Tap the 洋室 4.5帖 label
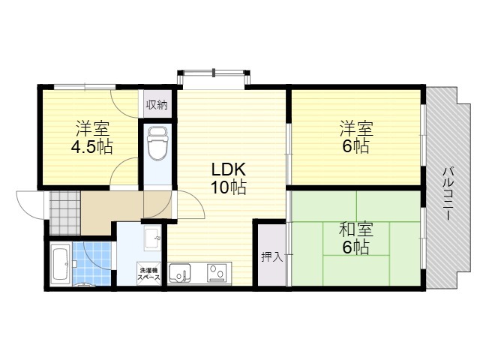coord(92,137)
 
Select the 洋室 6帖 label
coord(356,137)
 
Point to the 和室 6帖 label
coord(356,238)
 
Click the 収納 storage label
coord(157,105)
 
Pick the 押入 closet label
coord(271,256)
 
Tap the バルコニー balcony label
coord(448,193)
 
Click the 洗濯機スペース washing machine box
coord(149,274)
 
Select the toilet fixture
coord(157,142)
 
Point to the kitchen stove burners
coord(217,272)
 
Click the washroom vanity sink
coord(153,238)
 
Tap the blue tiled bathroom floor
coord(91,264)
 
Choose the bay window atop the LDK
coord(214,79)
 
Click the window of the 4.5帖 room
coord(85,87)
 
